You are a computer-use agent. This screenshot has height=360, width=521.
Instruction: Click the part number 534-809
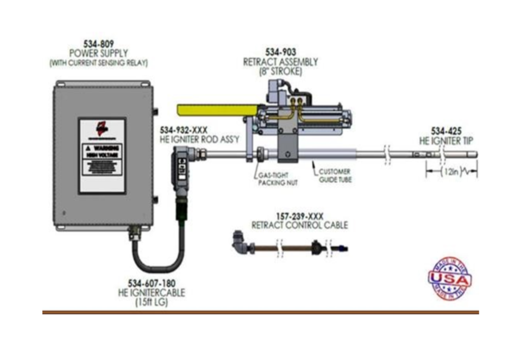[x=98, y=44]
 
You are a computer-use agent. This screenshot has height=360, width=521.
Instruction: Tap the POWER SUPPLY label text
[x=98, y=53]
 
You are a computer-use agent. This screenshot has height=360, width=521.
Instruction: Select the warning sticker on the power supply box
[x=102, y=156]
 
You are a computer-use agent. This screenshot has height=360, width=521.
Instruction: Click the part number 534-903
[x=280, y=52]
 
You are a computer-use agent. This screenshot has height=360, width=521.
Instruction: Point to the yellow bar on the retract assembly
[x=217, y=109]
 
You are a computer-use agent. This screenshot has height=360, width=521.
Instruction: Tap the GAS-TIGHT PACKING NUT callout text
[x=278, y=179]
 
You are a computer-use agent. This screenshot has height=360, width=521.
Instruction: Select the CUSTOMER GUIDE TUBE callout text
[x=335, y=176]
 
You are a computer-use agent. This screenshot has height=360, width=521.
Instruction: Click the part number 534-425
[x=446, y=131]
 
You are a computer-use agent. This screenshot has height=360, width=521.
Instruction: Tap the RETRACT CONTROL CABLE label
[x=300, y=225]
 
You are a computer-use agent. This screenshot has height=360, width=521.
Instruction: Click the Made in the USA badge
[x=449, y=278]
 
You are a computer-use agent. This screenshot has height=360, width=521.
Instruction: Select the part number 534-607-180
[x=151, y=283]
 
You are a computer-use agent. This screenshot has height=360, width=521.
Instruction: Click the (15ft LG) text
[x=151, y=302]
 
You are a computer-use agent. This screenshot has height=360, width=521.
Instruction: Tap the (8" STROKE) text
[x=280, y=71]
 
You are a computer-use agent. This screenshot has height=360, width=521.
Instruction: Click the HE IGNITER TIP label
[x=446, y=141]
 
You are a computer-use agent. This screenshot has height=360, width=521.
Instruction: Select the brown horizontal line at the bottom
[x=260, y=312]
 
